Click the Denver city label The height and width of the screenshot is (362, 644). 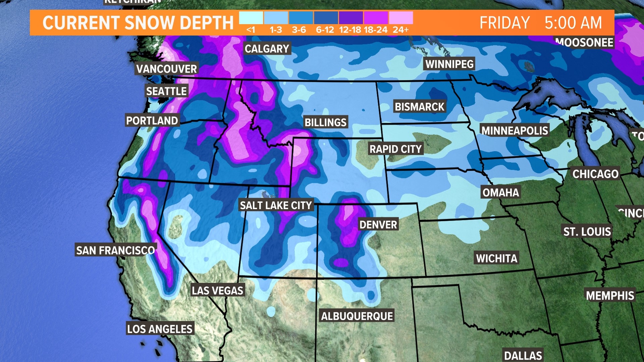point(378,224)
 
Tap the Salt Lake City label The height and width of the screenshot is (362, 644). point(276,205)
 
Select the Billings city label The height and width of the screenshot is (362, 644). point(325,122)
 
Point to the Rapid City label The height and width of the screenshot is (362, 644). point(395,149)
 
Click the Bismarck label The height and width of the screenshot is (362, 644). point(419,107)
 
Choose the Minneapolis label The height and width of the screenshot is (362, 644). point(515,130)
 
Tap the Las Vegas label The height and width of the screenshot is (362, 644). point(217,290)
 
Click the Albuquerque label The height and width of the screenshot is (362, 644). point(357,316)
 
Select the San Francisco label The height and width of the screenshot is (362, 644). point(115,250)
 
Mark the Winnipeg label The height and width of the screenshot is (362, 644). point(449,64)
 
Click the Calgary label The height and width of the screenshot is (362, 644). point(267,49)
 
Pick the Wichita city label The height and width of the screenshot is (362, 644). point(496,258)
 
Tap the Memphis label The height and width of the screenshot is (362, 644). point(610,295)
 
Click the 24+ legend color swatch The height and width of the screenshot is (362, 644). point(401,18)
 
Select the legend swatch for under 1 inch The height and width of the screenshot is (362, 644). point(251,18)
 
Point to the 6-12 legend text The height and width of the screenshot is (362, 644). point(325,30)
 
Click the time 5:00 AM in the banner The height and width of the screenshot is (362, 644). point(573,23)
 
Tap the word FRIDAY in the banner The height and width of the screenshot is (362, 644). point(504,23)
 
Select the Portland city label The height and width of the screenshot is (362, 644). point(152,120)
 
